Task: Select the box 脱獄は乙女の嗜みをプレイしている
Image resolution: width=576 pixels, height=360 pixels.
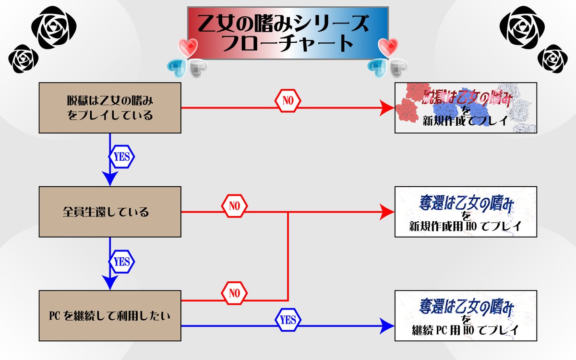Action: coord(110,108)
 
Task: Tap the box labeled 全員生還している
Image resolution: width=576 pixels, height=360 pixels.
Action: coord(110,212)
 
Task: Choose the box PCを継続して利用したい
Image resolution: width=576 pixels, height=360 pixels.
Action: coord(110,316)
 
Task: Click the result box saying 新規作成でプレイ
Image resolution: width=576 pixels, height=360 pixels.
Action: coord(465,108)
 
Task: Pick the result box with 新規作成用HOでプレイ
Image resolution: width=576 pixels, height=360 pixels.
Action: coord(465,212)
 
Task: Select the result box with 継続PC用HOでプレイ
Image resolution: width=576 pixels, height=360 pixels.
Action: coord(465,316)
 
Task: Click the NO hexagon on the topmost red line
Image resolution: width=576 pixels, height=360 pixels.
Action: coord(287,101)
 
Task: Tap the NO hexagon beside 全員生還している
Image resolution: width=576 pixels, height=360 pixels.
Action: coord(234,206)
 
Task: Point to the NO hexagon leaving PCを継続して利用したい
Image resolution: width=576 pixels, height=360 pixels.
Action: coord(234,292)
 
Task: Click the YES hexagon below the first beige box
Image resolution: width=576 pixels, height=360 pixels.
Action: coord(121,156)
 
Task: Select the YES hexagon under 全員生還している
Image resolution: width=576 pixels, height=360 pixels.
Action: coord(121,262)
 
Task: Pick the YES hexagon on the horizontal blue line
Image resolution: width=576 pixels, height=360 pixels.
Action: coord(288,319)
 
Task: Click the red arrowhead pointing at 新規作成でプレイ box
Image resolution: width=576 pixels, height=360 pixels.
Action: coord(387,108)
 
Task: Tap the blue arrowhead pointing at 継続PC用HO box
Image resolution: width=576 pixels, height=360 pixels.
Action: coord(387,326)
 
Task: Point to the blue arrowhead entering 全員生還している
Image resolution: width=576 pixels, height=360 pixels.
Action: coord(110,179)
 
